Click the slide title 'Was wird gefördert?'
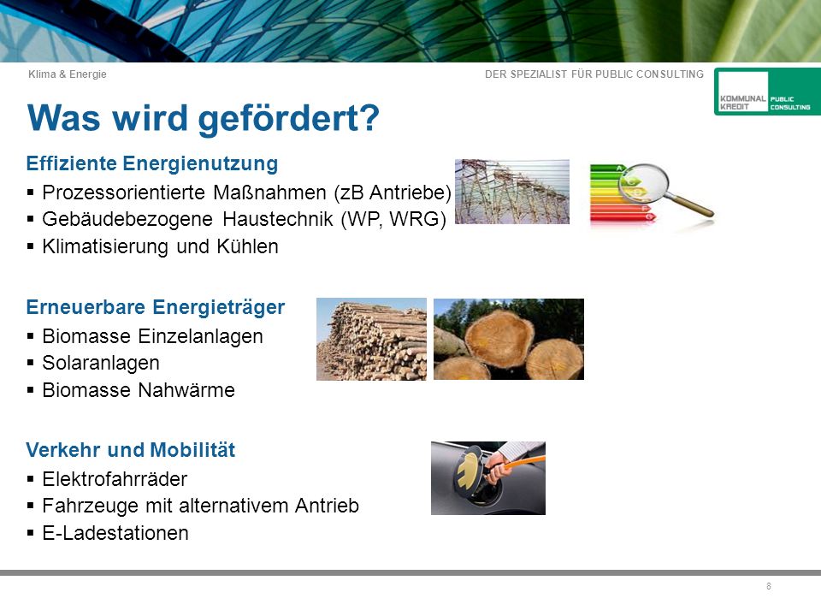pyautogui.click(x=204, y=119)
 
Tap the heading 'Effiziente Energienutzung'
pyautogui.click(x=152, y=164)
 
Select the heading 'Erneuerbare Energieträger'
pyautogui.click(x=156, y=307)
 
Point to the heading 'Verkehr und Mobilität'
pyautogui.click(x=130, y=450)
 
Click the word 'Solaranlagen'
pyautogui.click(x=101, y=363)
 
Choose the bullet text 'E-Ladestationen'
pyautogui.click(x=115, y=533)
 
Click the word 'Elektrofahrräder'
pyautogui.click(x=115, y=479)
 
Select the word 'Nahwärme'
pyautogui.click(x=186, y=390)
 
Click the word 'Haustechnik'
pyautogui.click(x=277, y=220)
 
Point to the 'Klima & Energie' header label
pyautogui.click(x=67, y=74)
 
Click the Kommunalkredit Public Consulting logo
pyautogui.click(x=767, y=92)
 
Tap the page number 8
pyautogui.click(x=769, y=586)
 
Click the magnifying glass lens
pyautogui.click(x=644, y=183)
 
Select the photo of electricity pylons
pyautogui.click(x=512, y=192)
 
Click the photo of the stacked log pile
pyautogui.click(x=371, y=339)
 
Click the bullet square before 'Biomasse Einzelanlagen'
pyautogui.click(x=31, y=336)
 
